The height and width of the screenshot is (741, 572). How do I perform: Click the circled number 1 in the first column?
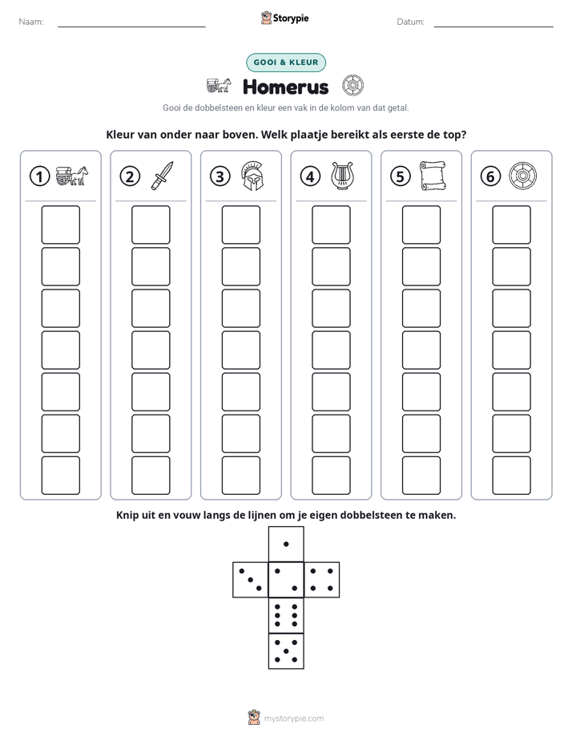point(39,176)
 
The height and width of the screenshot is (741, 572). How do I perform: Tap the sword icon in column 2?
point(162,176)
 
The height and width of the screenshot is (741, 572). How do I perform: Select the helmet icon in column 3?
point(252,176)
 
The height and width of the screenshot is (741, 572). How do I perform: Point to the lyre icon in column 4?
point(342,176)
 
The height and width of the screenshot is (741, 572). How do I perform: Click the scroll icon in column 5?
point(433,176)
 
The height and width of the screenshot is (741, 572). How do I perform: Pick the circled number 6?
point(490,176)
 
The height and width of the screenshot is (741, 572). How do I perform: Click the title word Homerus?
point(285,87)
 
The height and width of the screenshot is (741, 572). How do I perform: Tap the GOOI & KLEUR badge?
point(286,63)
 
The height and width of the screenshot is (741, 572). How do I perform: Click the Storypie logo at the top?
point(284,18)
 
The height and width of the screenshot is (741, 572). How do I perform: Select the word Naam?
point(31,22)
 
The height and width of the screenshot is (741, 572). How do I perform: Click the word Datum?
point(411,22)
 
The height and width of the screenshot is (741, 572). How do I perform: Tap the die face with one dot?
point(286,544)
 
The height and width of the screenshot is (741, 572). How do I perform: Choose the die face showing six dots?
point(286,615)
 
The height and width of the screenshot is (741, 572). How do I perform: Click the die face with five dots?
point(286,651)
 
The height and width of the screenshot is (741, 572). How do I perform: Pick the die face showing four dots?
point(322,580)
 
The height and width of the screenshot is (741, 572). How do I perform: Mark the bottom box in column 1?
point(60,476)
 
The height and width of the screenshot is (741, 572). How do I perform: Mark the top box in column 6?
point(512,225)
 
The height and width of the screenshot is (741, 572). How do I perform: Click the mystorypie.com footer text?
point(293,719)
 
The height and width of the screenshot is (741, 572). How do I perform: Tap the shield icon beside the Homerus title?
point(352,86)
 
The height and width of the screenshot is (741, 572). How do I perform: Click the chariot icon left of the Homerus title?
point(219,86)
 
